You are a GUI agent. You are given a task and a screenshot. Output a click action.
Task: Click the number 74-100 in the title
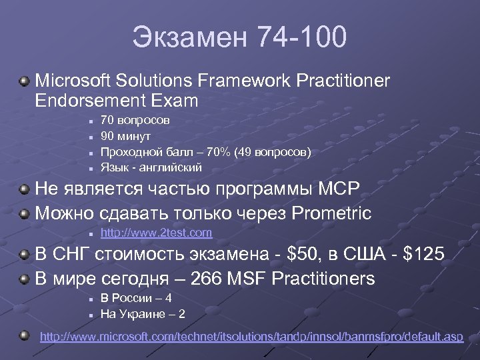coord(301,37)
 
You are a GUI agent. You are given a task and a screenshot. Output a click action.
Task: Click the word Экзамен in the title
coord(188,37)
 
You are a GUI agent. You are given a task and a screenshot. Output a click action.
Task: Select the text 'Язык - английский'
coord(151,167)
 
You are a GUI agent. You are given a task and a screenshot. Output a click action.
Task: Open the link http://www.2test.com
coord(156,233)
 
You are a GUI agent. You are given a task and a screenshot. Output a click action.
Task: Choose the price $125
coord(423,255)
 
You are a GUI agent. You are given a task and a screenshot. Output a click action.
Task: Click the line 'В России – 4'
coord(136,299)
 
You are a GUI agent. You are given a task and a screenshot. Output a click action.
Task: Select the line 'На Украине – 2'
coord(143,313)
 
